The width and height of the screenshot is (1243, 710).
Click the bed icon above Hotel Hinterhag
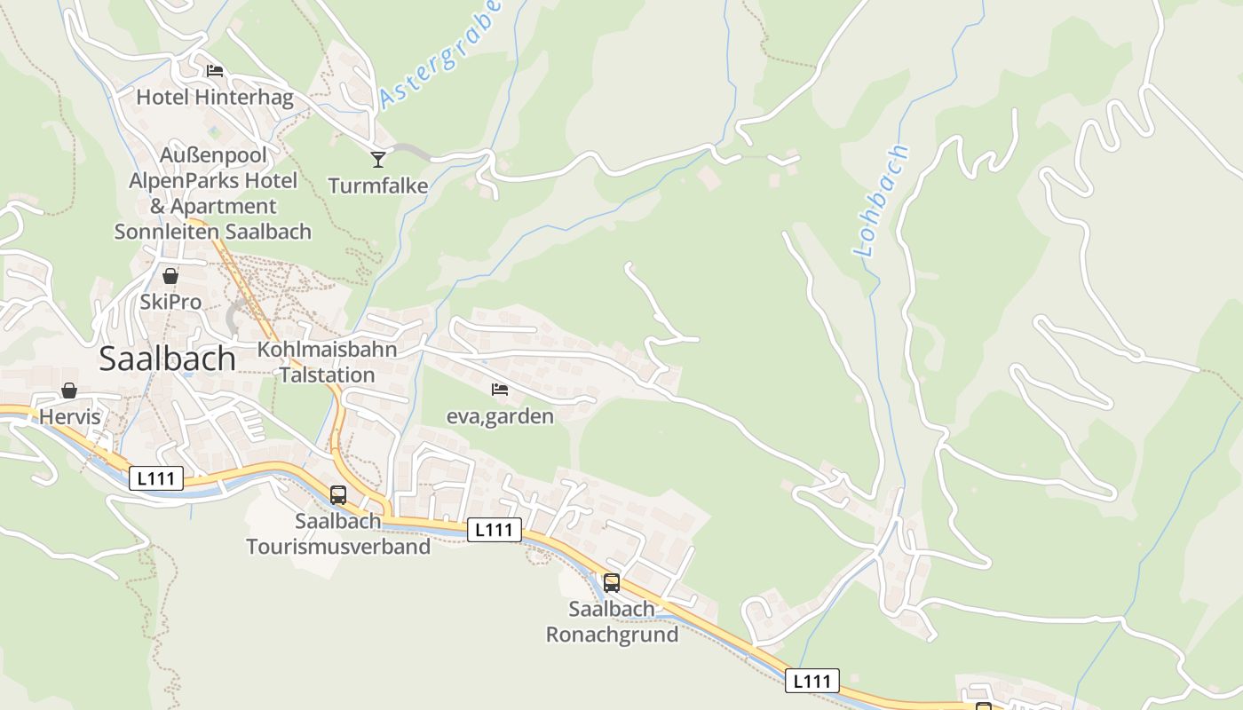[214, 71]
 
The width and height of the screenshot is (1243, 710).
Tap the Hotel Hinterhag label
[214, 98]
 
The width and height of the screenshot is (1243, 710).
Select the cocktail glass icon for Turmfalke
[378, 160]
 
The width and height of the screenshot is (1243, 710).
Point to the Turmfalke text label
[378, 186]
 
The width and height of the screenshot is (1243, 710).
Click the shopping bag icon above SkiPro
[170, 276]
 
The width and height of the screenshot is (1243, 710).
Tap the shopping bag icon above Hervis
[69, 390]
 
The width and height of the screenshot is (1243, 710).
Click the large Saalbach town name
[167, 359]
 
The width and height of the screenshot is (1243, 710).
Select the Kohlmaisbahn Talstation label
[327, 362]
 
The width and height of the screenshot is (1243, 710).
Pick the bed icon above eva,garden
[500, 390]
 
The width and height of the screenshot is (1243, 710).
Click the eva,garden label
[500, 416]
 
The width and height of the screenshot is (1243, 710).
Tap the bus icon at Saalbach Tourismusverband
[338, 495]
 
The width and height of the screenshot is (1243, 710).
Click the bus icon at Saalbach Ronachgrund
[612, 583]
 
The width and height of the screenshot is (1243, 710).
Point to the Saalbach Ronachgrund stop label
[612, 622]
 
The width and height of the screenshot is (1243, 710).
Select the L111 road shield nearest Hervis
[157, 479]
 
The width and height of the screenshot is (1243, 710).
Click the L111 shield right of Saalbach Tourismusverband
[494, 530]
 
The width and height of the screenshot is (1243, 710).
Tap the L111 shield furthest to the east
[812, 681]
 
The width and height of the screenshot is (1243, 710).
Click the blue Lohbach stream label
[882, 201]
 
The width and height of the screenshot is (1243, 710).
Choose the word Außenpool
[214, 155]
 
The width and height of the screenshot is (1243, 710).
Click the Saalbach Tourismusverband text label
[338, 533]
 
